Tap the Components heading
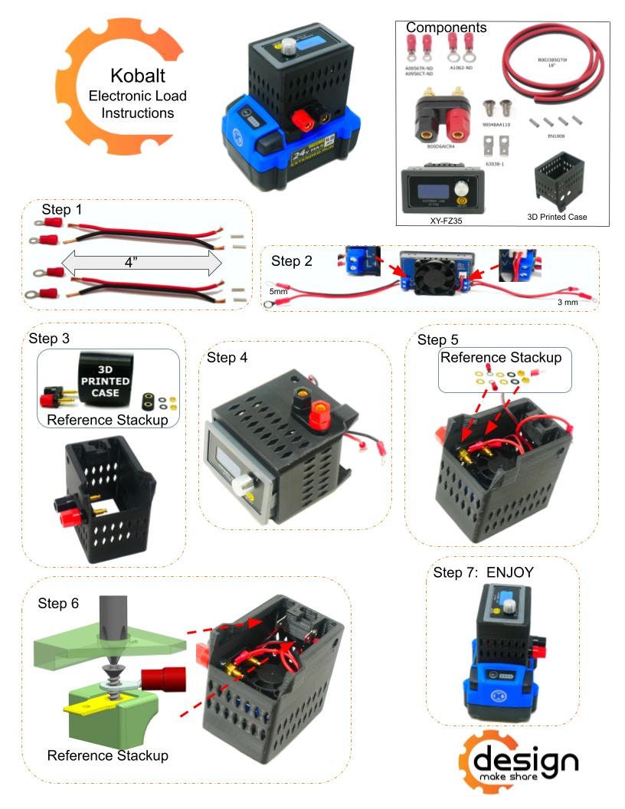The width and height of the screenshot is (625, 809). coord(446,28)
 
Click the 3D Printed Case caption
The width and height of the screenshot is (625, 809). coord(558,217)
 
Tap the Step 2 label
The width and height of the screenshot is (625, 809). coord(292,260)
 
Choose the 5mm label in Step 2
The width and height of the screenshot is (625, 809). coord(279,292)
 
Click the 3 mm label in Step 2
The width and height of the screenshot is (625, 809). coord(567,303)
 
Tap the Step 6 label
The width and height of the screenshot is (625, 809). coord(58,603)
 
